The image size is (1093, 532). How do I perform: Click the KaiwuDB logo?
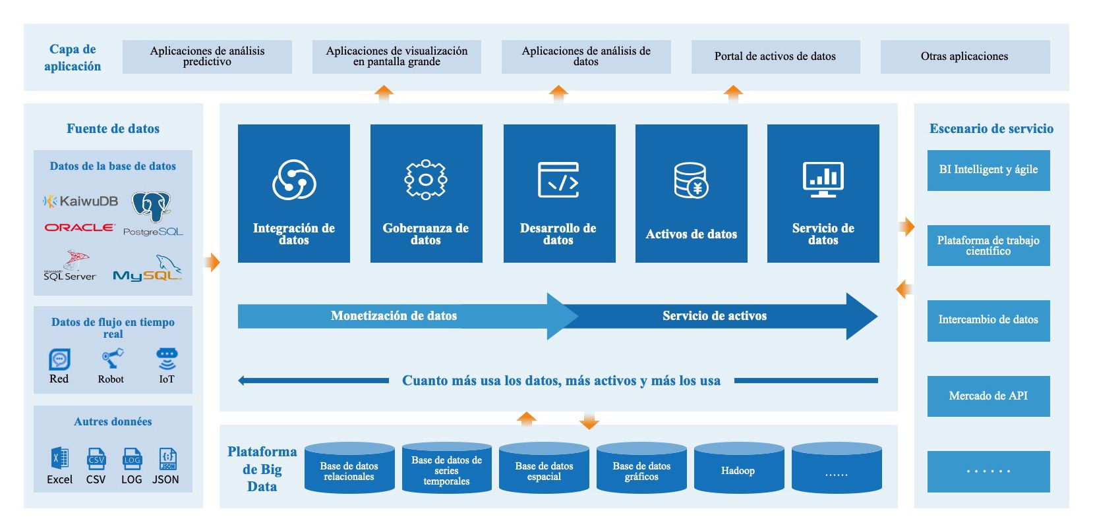point(80,201)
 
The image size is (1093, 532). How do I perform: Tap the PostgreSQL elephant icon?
point(151,206)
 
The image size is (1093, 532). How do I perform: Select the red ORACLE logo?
point(79,227)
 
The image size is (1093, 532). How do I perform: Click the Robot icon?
point(111,359)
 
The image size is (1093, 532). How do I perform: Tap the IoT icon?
point(167,359)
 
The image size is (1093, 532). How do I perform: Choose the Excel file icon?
point(59,458)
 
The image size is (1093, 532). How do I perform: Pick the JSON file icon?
point(167,458)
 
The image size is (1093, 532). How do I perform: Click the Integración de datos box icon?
point(294,179)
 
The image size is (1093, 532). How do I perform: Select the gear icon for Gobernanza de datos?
point(426,179)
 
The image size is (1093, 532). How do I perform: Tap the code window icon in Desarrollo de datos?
point(558,179)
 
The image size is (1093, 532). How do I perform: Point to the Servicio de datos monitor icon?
point(823,179)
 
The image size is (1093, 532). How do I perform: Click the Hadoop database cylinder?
point(738,468)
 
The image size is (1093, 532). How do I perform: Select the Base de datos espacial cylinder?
point(544,468)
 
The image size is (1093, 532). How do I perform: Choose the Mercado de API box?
point(988,396)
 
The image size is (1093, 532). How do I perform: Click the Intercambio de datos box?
point(988,320)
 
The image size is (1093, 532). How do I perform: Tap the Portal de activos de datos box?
point(775,57)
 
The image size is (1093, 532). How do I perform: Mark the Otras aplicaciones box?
point(964,57)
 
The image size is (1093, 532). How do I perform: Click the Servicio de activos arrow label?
point(715,316)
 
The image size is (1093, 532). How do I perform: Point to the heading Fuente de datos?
point(113,128)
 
